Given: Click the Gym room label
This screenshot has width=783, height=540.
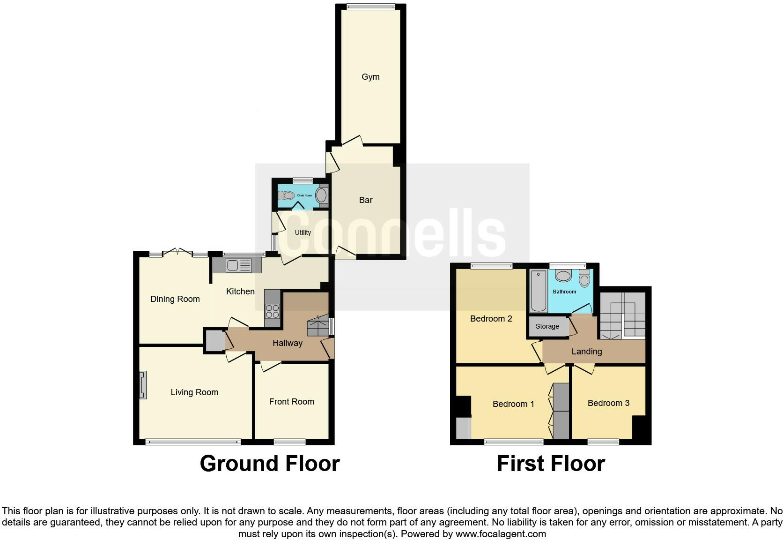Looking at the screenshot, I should click(370, 77).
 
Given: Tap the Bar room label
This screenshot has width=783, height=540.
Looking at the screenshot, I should click(366, 200).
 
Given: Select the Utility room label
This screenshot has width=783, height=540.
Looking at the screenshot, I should click(303, 232).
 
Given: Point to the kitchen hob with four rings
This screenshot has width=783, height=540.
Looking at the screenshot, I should click(272, 311).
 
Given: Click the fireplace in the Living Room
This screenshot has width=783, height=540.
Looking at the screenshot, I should click(143, 385).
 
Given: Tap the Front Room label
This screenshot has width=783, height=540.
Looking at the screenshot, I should click(291, 402).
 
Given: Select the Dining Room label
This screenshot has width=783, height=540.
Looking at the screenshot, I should click(175, 299).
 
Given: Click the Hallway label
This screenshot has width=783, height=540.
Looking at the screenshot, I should click(288, 343).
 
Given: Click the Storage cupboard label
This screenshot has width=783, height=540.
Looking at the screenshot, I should click(547, 326).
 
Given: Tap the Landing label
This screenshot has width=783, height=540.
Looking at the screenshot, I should click(587, 352).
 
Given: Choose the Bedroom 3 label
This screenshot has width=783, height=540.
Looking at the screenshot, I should click(608, 403).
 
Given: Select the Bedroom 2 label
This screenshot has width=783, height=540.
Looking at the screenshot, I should click(491, 319).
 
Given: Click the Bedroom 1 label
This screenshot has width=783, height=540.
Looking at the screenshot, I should click(513, 404).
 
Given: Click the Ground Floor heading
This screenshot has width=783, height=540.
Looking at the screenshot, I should click(270, 464).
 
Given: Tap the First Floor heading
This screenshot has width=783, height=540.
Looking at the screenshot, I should click(551, 464).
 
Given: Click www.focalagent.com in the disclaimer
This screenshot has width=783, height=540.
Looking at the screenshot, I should click(501, 534).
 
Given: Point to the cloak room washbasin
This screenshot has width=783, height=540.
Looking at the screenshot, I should click(322, 195).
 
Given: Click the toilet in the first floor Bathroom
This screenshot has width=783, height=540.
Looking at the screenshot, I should click(584, 279).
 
